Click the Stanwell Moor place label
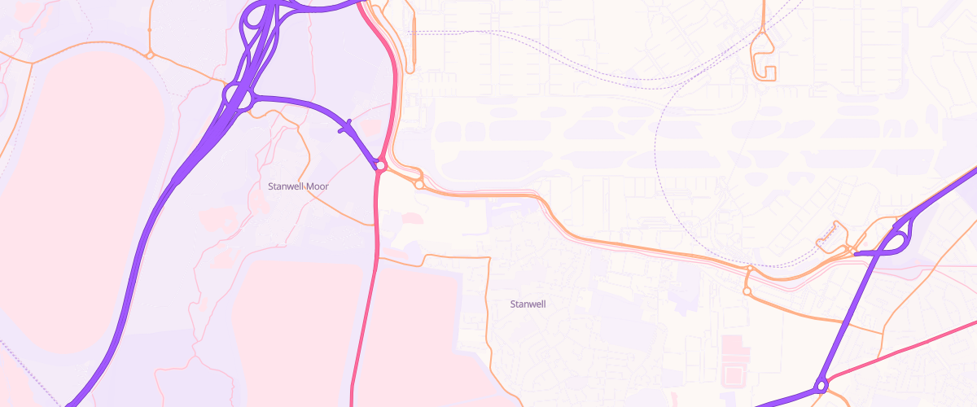pos(298,186)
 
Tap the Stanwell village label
pos(527,304)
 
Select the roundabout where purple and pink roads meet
pos(380,165)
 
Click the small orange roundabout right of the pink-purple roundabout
pos(418,185)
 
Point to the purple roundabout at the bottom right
pos(821,386)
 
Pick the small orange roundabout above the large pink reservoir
pos(150,55)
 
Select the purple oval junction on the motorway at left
pos(239,98)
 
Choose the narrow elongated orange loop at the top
pos(413,37)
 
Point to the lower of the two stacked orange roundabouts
pos(747,291)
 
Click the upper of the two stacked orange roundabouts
pos(750,268)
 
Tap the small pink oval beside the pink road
pos(413,217)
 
